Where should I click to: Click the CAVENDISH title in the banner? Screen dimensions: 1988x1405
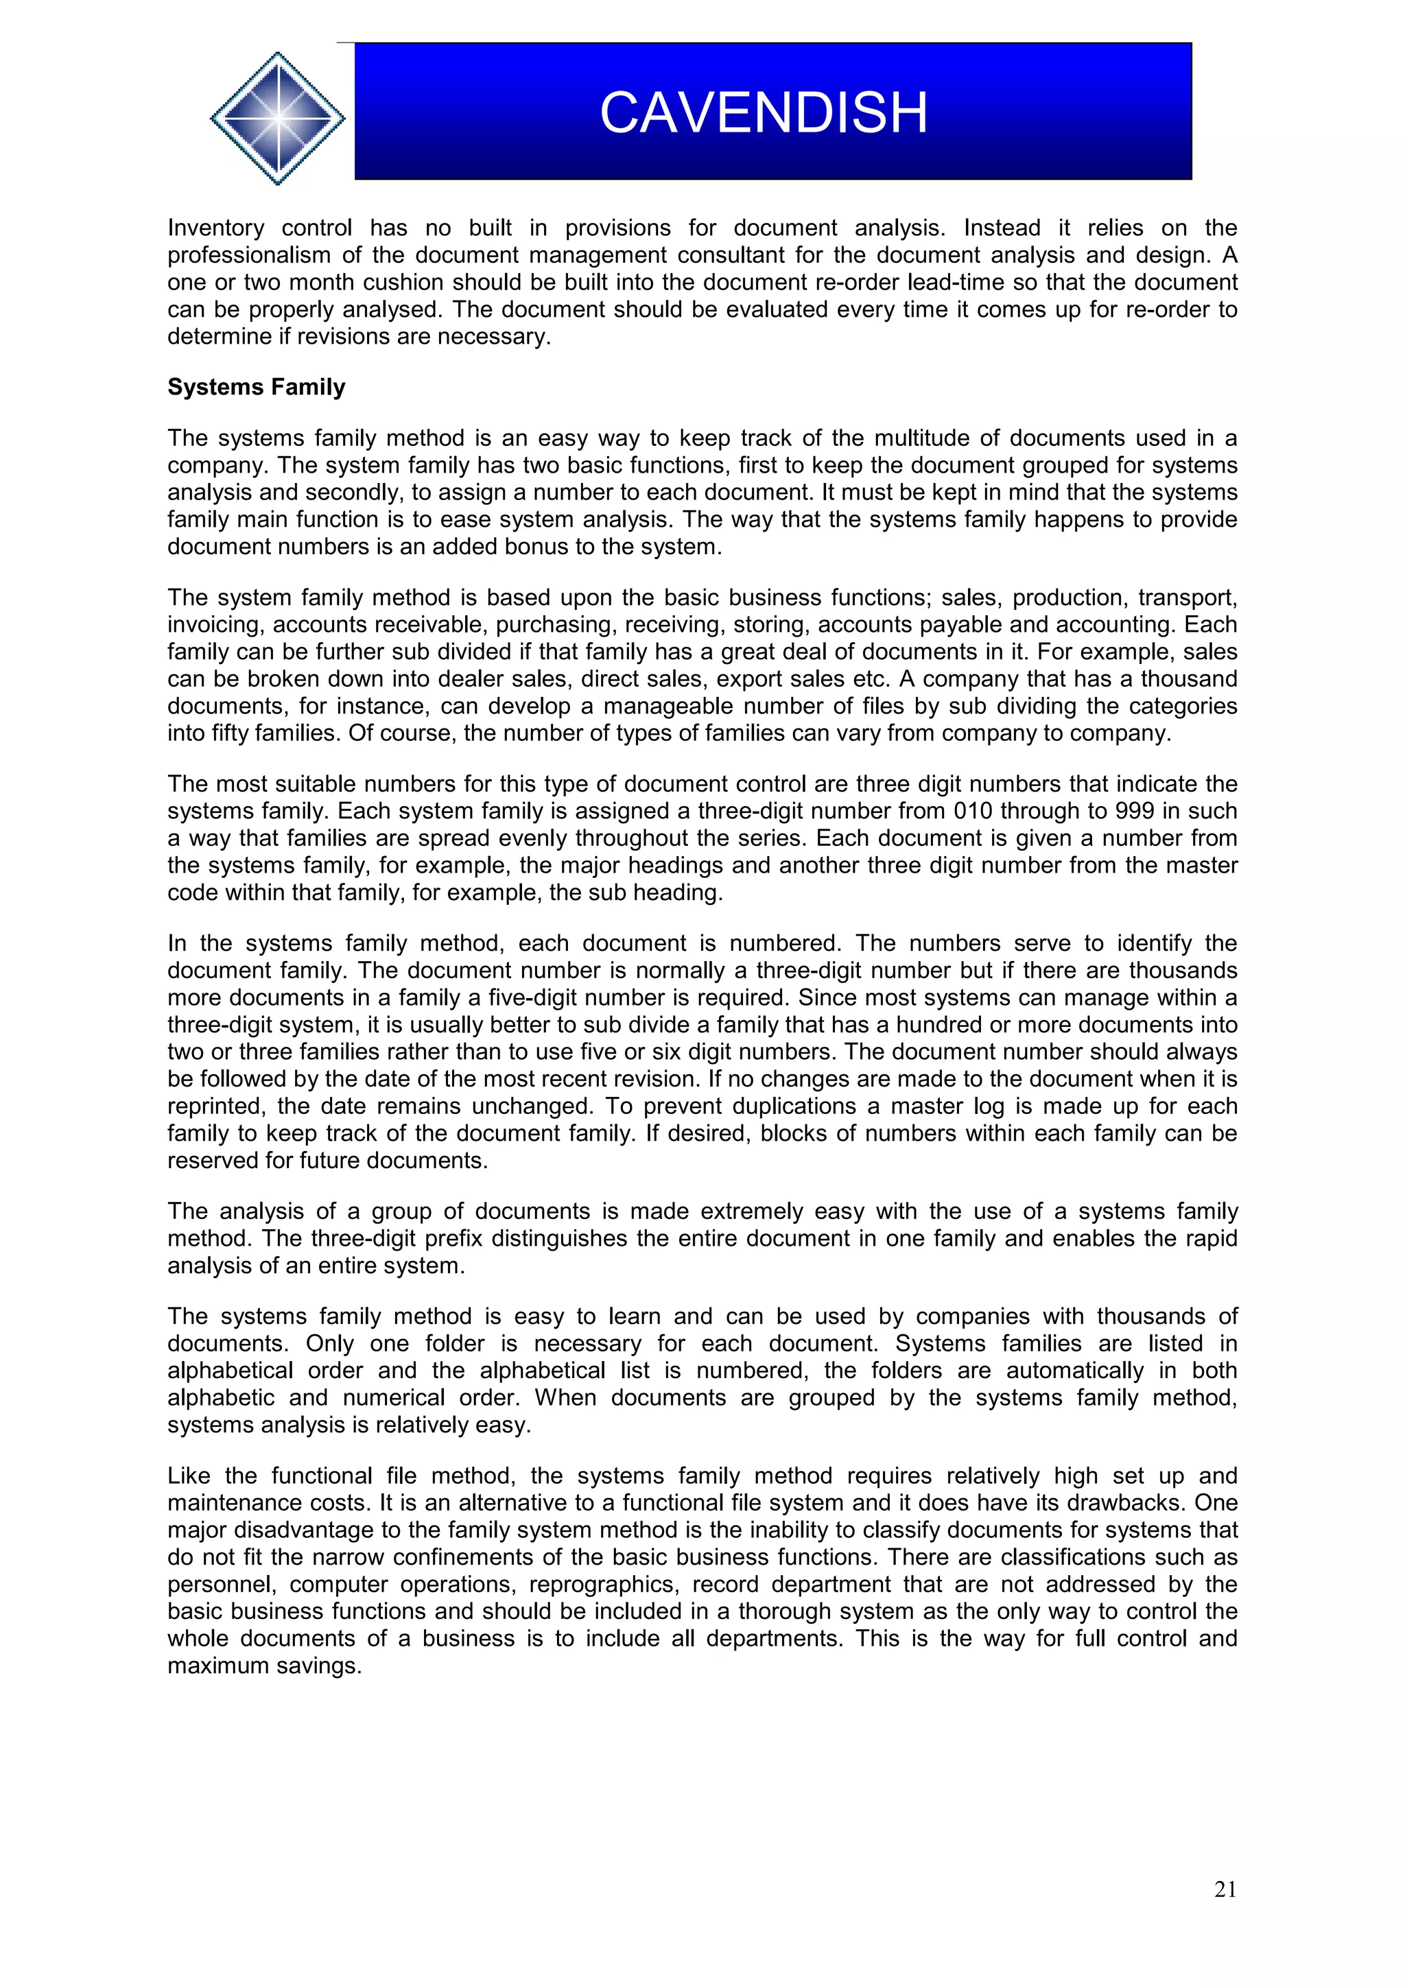(x=763, y=113)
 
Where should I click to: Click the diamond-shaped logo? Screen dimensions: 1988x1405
(x=277, y=119)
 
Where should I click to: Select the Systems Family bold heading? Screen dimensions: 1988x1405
(x=257, y=387)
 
